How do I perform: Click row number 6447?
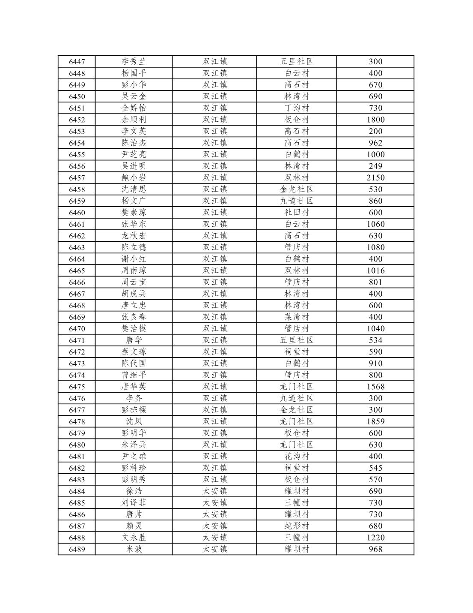(77, 62)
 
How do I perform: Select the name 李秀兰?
(134, 62)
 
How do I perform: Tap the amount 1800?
(375, 120)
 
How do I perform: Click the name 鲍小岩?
(134, 178)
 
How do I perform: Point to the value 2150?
(375, 178)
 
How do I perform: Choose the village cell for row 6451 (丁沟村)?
(296, 108)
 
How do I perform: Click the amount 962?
(375, 143)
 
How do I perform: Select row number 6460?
(77, 213)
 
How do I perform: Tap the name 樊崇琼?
(134, 213)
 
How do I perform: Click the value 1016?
(375, 270)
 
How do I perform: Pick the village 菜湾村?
(296, 317)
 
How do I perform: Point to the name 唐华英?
(134, 387)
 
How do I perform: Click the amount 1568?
(375, 387)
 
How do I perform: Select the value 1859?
(375, 421)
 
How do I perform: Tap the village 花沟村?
(296, 456)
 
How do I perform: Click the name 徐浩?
(134, 491)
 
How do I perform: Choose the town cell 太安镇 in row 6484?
(214, 491)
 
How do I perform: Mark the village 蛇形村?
(296, 526)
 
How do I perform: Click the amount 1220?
(375, 538)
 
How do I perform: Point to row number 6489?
(77, 549)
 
